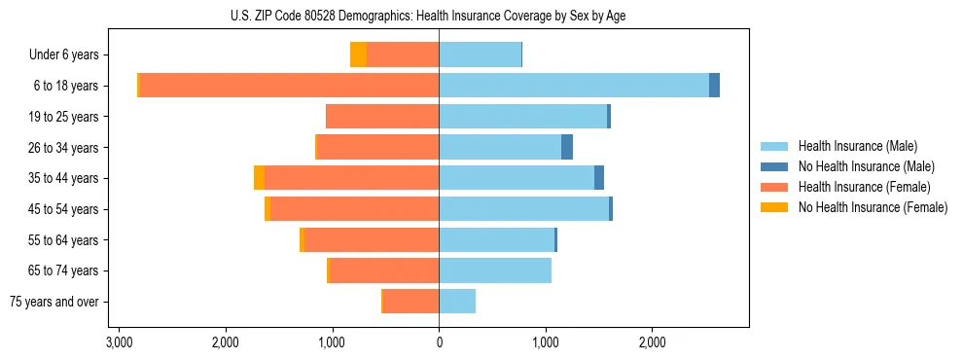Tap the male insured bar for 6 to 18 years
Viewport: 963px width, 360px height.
[574, 86]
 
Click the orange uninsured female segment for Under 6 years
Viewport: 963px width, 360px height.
[358, 54]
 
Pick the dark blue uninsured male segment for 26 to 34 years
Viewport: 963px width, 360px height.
[567, 147]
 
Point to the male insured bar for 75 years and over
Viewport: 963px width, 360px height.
[457, 302]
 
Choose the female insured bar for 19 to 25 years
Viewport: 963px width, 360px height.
[382, 117]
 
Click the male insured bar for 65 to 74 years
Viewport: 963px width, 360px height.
[495, 270]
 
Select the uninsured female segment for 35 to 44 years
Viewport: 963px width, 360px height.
[259, 178]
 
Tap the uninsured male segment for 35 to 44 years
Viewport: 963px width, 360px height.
[599, 178]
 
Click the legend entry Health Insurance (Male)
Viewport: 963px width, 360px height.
[857, 146]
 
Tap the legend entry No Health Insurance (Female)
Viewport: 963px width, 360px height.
[873, 207]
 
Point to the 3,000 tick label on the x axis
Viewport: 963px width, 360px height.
[119, 342]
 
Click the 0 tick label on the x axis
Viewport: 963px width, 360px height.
[439, 342]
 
